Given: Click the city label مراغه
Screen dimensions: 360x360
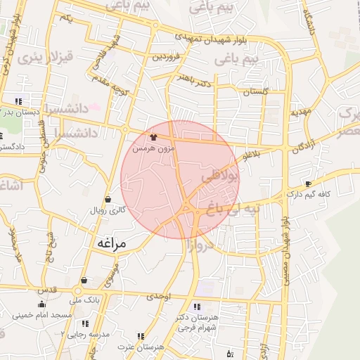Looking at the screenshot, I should pyautogui.click(x=108, y=243).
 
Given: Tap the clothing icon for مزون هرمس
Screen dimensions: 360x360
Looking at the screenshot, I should pyautogui.click(x=154, y=137).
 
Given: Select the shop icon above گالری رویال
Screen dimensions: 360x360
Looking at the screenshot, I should pyautogui.click(x=108, y=198).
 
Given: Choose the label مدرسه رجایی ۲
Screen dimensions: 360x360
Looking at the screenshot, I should pyautogui.click(x=85, y=335).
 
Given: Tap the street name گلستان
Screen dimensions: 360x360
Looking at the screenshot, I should pyautogui.click(x=255, y=92).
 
